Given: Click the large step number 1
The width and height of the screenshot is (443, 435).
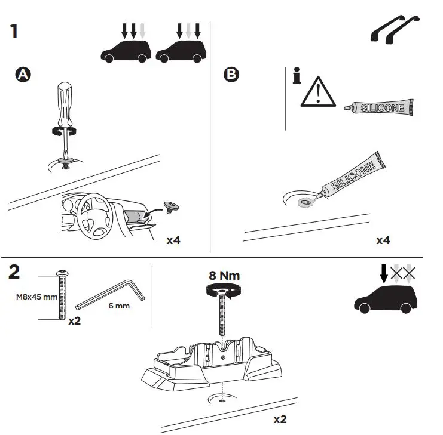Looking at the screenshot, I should pos(14,30).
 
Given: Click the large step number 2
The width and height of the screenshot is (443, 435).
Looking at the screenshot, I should pos(15,272).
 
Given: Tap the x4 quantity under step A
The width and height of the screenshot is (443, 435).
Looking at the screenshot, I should pos(173,240).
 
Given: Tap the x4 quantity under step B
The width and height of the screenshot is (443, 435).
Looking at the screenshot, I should pos(383,240).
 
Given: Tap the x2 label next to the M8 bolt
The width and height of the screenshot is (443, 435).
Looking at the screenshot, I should pos(75,320).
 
